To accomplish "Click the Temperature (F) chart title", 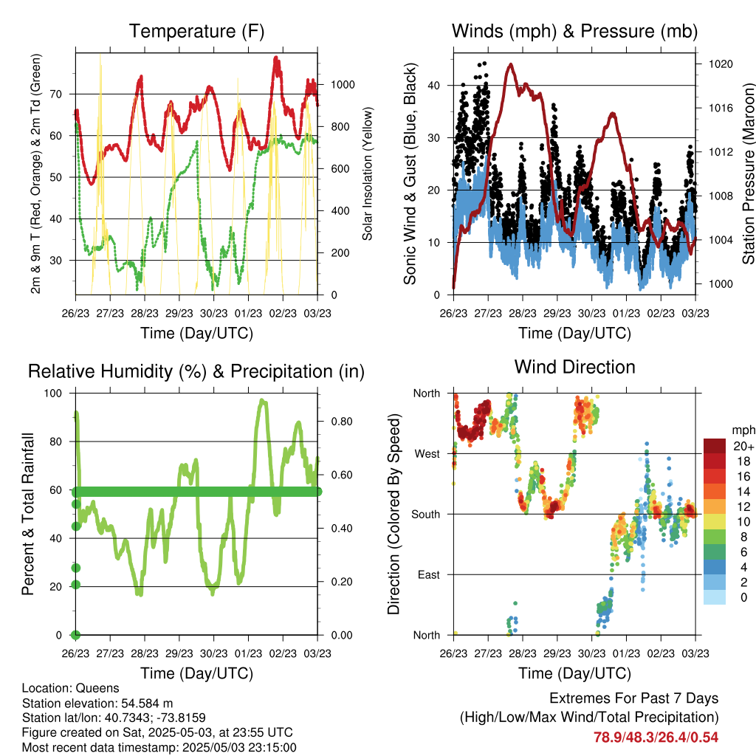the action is click(x=196, y=31).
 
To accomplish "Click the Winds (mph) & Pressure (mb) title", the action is click(x=574, y=31).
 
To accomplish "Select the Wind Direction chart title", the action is click(x=574, y=367).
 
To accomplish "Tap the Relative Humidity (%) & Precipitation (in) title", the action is click(x=196, y=372).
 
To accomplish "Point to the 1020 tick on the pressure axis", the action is click(x=721, y=64).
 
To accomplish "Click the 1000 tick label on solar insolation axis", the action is click(x=343, y=85).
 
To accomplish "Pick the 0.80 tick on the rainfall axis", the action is click(x=342, y=422).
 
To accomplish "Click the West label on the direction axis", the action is click(x=427, y=454).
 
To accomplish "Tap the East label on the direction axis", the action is click(x=429, y=574).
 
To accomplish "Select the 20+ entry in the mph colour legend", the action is click(x=743, y=446).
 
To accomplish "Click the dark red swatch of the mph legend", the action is click(x=715, y=446).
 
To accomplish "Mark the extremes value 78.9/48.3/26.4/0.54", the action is click(x=656, y=738).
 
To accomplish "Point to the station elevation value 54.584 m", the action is click(x=147, y=704).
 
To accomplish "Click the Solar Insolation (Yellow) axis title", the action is click(x=368, y=173).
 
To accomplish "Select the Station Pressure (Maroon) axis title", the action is click(x=749, y=173).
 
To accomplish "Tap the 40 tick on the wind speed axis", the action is click(x=434, y=86).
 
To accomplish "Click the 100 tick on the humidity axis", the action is click(x=53, y=394).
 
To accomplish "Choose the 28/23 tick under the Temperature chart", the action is click(x=145, y=313).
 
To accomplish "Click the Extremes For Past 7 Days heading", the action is click(x=634, y=698).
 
